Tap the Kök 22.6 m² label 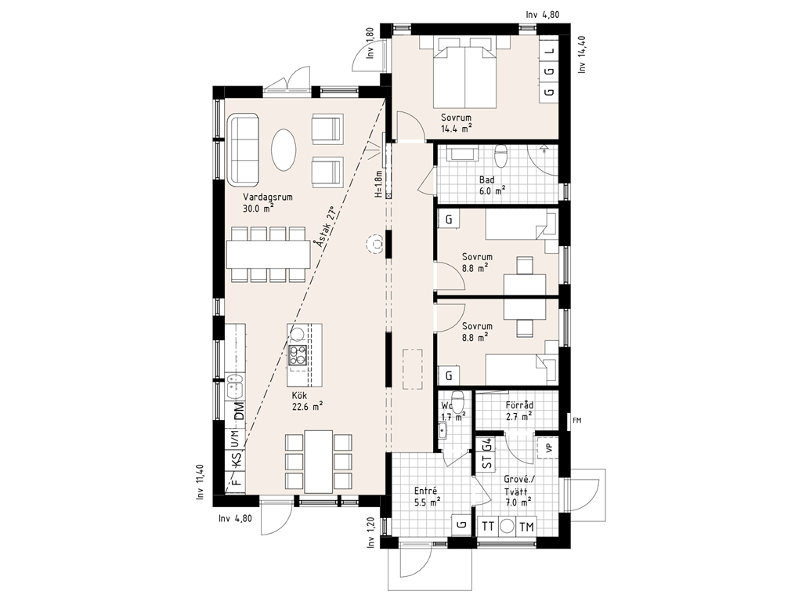[x=307, y=401]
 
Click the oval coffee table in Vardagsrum [x=283, y=150]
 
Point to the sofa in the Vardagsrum [x=244, y=151]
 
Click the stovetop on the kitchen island [x=298, y=355]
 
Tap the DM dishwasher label [x=238, y=411]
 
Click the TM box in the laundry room [x=526, y=527]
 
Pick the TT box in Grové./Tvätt [x=488, y=527]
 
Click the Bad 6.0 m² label [x=492, y=185]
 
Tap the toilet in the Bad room [x=502, y=156]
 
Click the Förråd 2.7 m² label [x=519, y=411]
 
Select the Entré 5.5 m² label [x=427, y=497]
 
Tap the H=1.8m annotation [x=378, y=183]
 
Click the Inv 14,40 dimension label [x=581, y=54]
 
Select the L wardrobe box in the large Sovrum [x=550, y=51]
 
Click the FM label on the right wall [x=577, y=421]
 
